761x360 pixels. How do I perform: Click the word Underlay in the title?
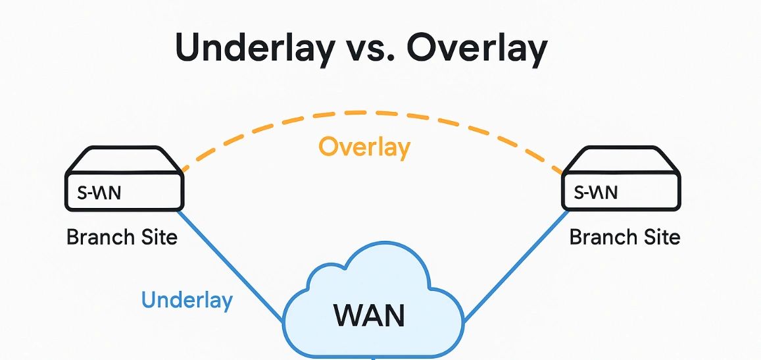click(x=253, y=49)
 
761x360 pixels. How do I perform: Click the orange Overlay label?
click(x=364, y=147)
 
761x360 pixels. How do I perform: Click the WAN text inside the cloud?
click(x=369, y=315)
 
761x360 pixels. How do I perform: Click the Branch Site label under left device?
click(x=122, y=237)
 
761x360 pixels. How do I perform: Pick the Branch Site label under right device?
click(x=624, y=237)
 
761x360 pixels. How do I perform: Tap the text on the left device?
click(x=99, y=193)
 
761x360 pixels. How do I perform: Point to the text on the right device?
click(x=596, y=193)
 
